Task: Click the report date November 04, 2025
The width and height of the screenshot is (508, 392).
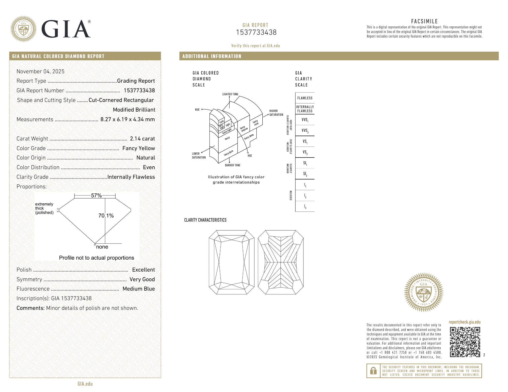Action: [40, 72]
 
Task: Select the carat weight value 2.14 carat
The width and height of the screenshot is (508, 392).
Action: [142, 139]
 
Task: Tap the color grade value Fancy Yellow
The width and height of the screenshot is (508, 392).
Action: [138, 148]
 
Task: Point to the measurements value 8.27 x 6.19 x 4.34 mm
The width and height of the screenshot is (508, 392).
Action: [128, 119]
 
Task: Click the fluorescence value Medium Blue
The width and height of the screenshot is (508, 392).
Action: [139, 289]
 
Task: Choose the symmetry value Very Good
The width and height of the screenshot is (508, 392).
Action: [142, 279]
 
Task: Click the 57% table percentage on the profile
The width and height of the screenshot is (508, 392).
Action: [96, 195]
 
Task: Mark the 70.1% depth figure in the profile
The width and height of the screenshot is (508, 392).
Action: [106, 216]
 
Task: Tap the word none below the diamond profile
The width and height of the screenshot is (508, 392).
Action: [102, 247]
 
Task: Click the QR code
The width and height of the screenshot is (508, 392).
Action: [465, 342]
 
